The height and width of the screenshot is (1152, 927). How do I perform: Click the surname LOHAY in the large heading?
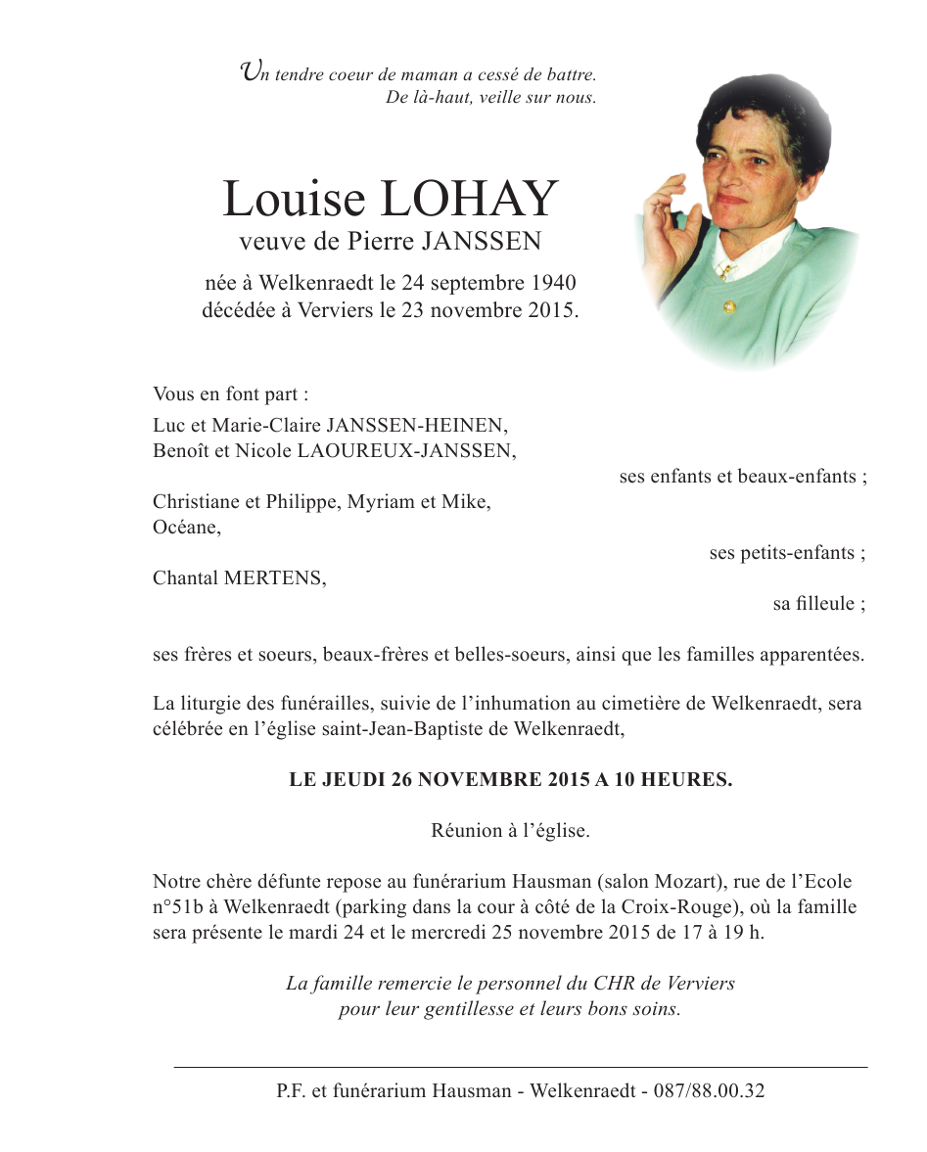468,200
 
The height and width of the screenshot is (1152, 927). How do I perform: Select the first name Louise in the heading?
293,200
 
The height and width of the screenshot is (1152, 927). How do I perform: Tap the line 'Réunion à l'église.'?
510,831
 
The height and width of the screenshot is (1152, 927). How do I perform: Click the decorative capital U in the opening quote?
251,70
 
